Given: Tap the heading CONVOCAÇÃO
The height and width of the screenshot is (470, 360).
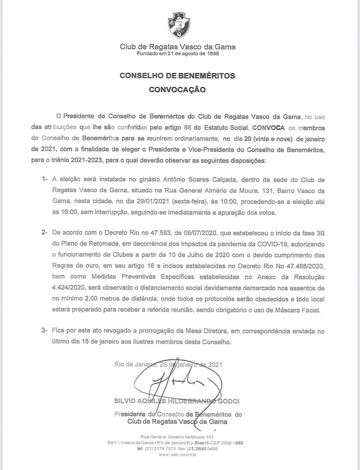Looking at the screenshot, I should point(180,89).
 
